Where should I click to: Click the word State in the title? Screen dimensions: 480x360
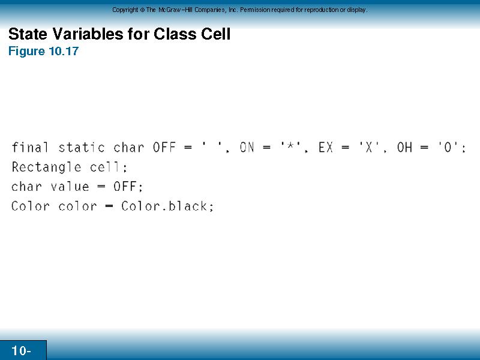pyautogui.click(x=28, y=34)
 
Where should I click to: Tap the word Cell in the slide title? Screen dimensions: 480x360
pyautogui.click(x=215, y=34)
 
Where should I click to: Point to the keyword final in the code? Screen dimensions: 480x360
pyautogui.click(x=30, y=147)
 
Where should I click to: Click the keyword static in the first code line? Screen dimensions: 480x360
pyautogui.click(x=82, y=147)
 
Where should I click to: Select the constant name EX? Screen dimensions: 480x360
pyautogui.click(x=325, y=148)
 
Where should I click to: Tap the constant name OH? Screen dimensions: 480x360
pyautogui.click(x=404, y=148)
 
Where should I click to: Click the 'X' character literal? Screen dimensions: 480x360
pyautogui.click(x=369, y=147)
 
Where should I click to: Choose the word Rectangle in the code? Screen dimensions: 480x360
pyautogui.click(x=46, y=167)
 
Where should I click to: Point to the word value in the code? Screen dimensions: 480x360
pyautogui.click(x=70, y=187)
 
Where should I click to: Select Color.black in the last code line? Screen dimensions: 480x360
pyautogui.click(x=164, y=206)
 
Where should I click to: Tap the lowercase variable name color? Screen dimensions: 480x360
pyautogui.click(x=77, y=206)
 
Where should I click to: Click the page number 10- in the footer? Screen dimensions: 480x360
pyautogui.click(x=21, y=350)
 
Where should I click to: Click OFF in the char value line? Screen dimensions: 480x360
pyautogui.click(x=125, y=187)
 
